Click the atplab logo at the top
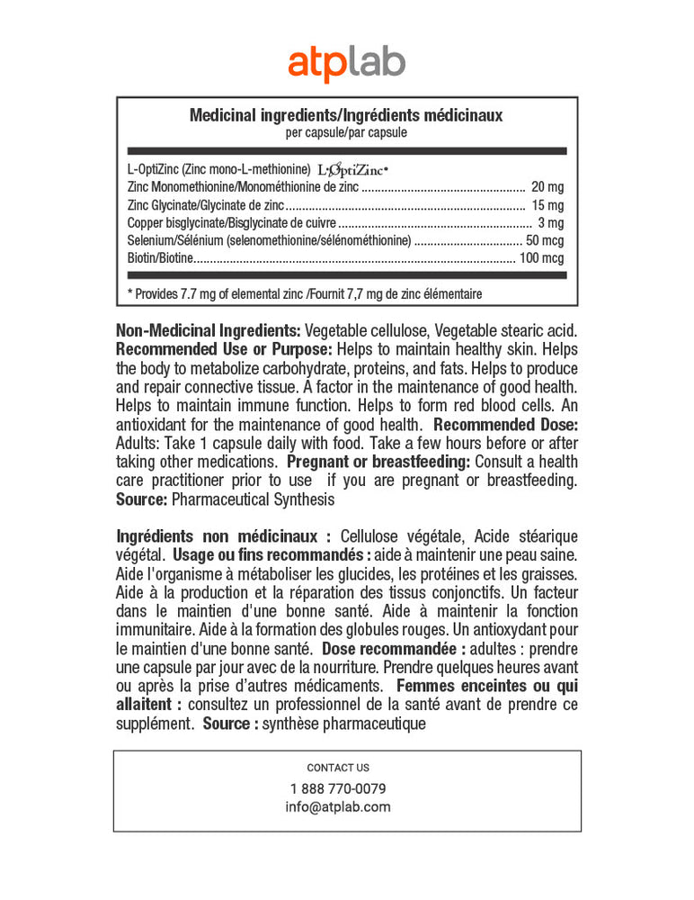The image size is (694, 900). click(x=346, y=64)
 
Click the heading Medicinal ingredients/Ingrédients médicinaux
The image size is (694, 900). click(x=346, y=115)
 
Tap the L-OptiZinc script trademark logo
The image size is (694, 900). click(x=353, y=169)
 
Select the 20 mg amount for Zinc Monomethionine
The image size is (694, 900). click(x=547, y=187)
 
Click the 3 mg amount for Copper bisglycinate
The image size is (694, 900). click(x=551, y=223)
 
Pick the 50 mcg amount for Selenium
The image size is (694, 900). click(x=545, y=240)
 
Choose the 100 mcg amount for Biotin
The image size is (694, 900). click(x=541, y=258)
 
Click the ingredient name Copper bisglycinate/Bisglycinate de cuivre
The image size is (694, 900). click(x=232, y=223)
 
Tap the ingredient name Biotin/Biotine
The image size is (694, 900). click(x=161, y=258)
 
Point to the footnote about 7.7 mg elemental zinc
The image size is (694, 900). click(x=306, y=293)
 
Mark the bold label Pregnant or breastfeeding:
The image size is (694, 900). click(x=378, y=462)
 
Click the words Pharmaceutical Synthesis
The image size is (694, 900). click(x=253, y=499)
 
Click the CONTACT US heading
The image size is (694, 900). click(x=338, y=768)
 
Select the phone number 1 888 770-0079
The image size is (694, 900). click(x=338, y=788)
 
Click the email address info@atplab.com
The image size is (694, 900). click(x=338, y=806)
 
